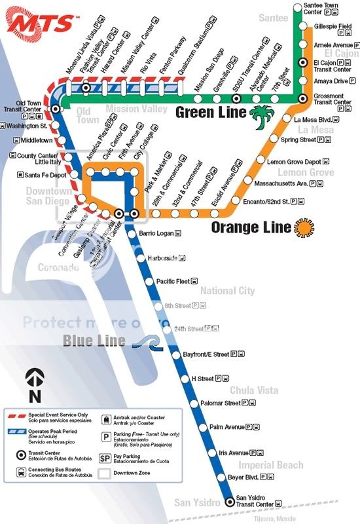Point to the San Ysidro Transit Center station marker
pos(229,502)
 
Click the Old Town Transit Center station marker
pos(56,109)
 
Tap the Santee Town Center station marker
pos(304,9)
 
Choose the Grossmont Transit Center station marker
pos(302,98)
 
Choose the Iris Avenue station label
pos(234,453)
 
